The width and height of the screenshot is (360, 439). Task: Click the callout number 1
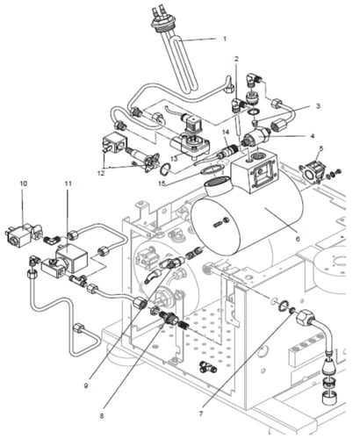(x=225, y=39)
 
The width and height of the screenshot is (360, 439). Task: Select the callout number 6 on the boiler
(x=298, y=239)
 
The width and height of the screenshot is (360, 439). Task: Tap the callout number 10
(x=24, y=184)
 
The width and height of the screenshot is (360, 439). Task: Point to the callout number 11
(x=68, y=184)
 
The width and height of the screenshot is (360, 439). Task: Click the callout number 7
(x=201, y=414)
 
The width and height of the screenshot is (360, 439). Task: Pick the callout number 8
(x=102, y=416)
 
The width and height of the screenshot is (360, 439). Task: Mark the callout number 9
(x=86, y=386)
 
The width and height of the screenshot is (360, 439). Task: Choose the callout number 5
(x=321, y=148)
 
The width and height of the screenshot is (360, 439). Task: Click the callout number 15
(x=162, y=184)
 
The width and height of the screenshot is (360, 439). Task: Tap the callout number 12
(x=100, y=173)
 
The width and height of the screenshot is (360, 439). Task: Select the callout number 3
(x=318, y=106)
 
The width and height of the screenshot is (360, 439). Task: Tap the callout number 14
(x=226, y=133)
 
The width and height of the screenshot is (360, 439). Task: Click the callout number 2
(x=236, y=59)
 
